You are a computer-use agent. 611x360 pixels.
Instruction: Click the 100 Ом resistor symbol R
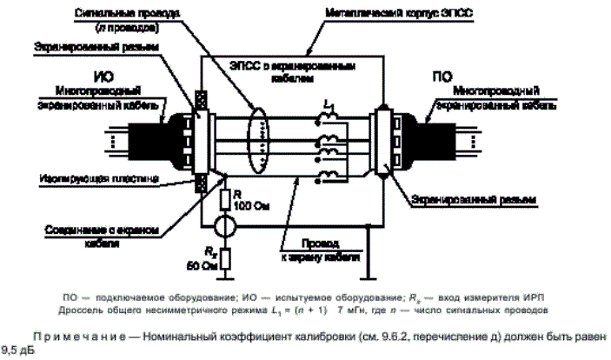(223, 199)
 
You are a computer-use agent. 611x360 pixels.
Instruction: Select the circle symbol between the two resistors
(223, 227)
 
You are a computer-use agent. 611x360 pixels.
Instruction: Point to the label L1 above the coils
(329, 104)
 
